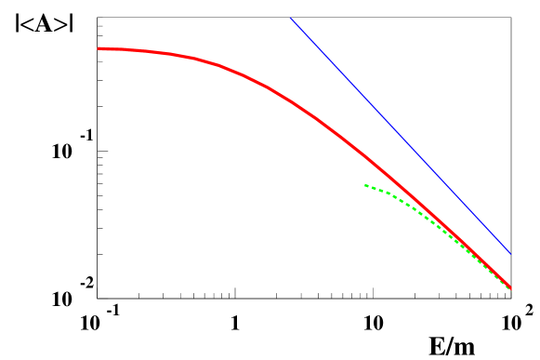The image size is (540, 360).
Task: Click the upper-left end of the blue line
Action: coord(290,18)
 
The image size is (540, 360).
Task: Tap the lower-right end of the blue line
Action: coord(510,253)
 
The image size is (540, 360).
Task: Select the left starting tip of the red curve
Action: coord(99,48)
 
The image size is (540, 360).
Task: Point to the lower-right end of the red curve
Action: coord(511,287)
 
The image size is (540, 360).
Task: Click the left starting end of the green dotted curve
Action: coord(366,185)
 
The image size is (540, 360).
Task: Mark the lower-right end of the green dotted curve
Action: coord(511,289)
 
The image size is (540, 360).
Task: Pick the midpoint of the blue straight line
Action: coord(401,136)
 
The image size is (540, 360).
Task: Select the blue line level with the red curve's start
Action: coord(319,48)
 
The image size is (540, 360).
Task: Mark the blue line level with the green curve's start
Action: coord(447,185)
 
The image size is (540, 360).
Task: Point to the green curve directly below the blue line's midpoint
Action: coord(401,198)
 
